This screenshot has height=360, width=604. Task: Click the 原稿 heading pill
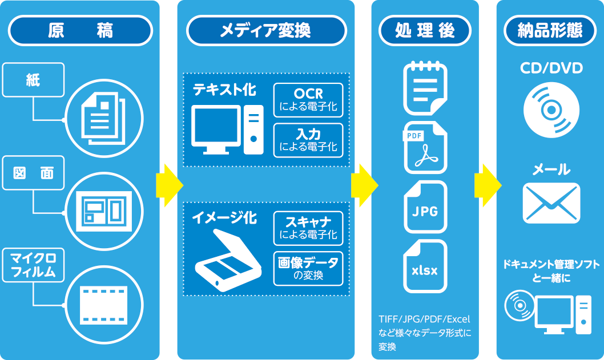pyautogui.click(x=80, y=30)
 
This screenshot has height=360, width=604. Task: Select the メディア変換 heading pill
pyautogui.click(x=266, y=30)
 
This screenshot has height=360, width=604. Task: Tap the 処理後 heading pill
pyautogui.click(x=425, y=30)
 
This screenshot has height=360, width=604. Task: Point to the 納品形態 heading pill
pyautogui.click(x=550, y=30)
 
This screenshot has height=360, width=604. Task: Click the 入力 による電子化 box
pyautogui.click(x=308, y=140)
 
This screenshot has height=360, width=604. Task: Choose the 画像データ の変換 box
pyautogui.click(x=308, y=269)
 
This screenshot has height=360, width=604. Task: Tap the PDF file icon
pyautogui.click(x=425, y=148)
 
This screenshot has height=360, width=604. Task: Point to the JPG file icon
pyautogui.click(x=425, y=208)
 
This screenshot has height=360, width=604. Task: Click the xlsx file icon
pyautogui.click(x=425, y=267)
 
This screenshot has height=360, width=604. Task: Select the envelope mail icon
pyautogui.click(x=551, y=203)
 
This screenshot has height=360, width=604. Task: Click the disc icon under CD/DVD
pyautogui.click(x=551, y=109)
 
